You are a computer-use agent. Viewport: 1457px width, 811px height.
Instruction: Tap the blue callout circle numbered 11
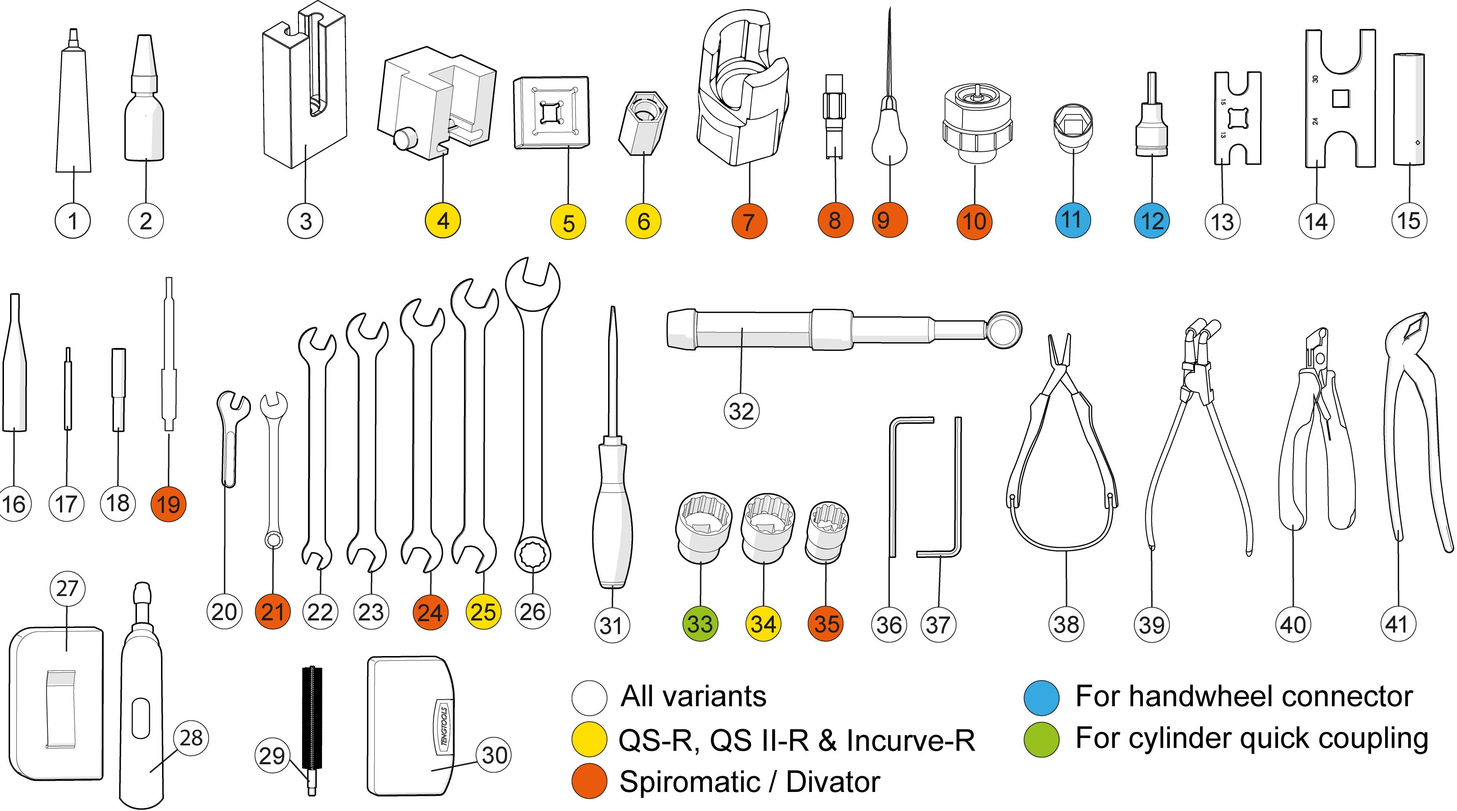click(x=1072, y=220)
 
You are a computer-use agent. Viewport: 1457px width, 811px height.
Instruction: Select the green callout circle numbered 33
click(x=700, y=624)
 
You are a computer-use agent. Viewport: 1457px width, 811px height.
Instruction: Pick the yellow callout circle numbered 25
click(x=483, y=612)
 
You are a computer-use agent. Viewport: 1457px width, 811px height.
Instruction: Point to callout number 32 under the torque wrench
click(x=741, y=411)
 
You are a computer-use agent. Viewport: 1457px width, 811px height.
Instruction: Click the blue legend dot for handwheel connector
click(x=1041, y=698)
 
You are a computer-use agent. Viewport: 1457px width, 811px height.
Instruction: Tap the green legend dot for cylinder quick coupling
click(x=1041, y=739)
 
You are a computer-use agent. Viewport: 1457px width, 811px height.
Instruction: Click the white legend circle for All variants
click(x=589, y=698)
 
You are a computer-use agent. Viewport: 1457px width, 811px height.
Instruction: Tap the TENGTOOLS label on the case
click(x=443, y=727)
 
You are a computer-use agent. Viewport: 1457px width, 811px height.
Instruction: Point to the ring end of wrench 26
click(x=533, y=551)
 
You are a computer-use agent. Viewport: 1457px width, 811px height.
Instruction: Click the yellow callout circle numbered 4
click(x=443, y=221)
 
